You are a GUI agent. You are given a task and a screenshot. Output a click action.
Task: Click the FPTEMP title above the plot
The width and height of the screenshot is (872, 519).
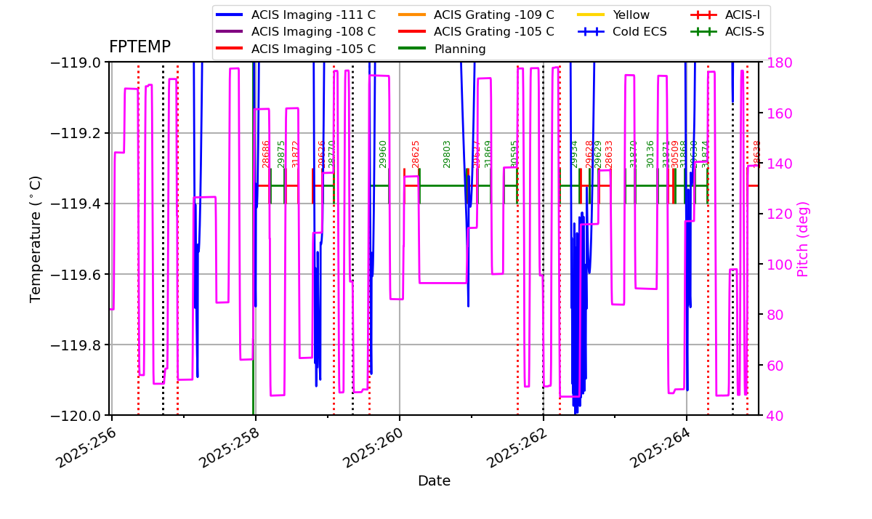coord(140,47)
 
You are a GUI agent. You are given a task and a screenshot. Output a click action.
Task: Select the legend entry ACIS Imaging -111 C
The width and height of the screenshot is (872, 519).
coord(313,15)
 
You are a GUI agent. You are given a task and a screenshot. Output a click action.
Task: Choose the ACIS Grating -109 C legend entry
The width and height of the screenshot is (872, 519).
coord(493,15)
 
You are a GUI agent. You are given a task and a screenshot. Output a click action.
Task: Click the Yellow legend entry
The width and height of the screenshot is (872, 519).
coord(631,15)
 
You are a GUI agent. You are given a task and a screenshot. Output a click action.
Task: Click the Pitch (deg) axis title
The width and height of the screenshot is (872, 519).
coord(803,238)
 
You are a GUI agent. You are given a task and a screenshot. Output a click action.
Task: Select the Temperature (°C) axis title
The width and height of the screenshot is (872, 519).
coord(36,238)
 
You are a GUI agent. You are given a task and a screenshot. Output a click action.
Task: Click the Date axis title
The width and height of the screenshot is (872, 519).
coord(434,481)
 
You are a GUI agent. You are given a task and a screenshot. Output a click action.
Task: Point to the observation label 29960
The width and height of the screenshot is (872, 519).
coord(383,154)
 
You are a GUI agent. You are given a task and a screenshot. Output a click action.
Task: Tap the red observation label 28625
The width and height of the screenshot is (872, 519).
coord(416,154)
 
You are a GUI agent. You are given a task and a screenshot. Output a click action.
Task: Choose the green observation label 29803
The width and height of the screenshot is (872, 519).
coord(447,154)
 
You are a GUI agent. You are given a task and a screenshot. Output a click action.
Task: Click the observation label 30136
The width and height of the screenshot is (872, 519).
coord(650,154)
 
